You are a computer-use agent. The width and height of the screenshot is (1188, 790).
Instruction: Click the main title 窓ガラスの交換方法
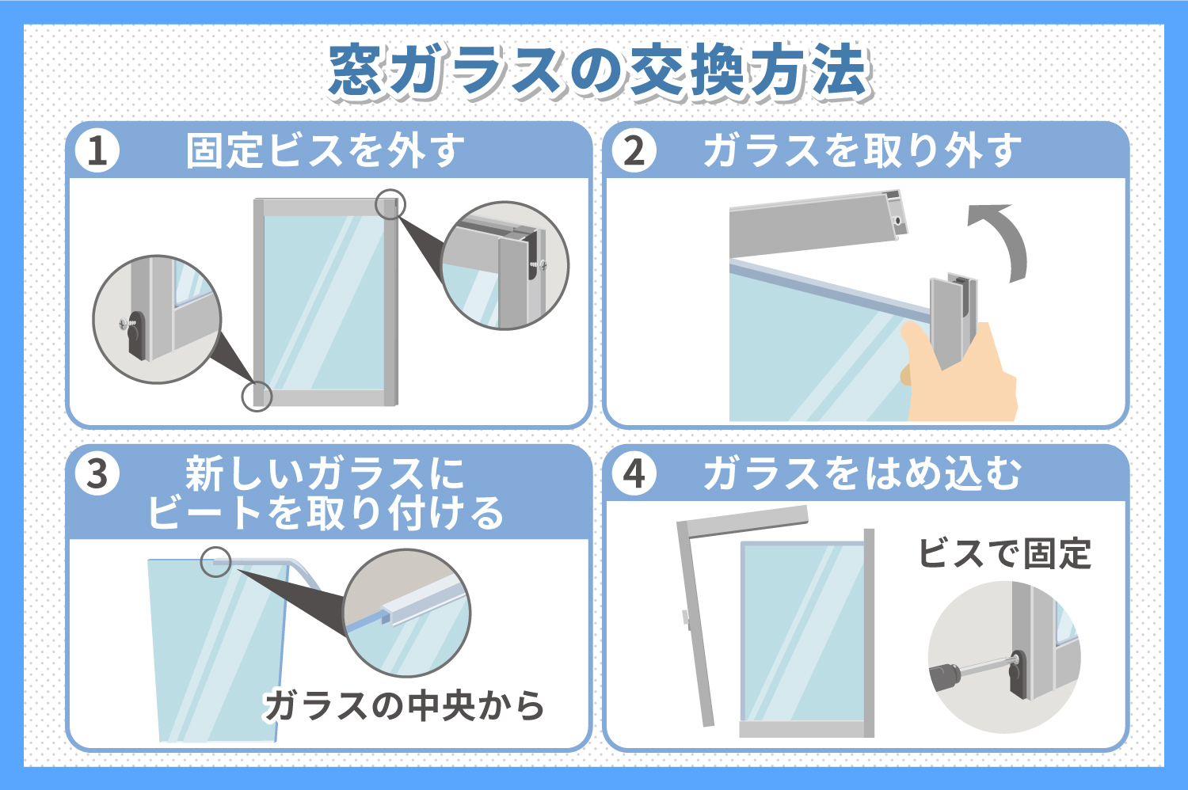(600, 71)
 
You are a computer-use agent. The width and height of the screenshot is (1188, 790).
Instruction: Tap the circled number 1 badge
(97, 150)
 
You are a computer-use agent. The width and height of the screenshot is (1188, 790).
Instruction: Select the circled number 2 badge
(634, 150)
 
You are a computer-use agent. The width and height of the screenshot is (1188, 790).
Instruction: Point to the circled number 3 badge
(97, 473)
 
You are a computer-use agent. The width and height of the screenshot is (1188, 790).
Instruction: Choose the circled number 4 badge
(634, 473)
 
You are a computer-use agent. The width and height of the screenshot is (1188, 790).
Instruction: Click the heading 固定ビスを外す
(325, 151)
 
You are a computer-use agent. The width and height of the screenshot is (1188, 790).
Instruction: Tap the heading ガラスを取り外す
(862, 151)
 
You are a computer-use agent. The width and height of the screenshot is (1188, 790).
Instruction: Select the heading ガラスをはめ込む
(862, 474)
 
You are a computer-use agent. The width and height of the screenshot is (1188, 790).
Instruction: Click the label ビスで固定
(1004, 554)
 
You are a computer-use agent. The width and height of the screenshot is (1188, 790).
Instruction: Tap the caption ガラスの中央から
(404, 706)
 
